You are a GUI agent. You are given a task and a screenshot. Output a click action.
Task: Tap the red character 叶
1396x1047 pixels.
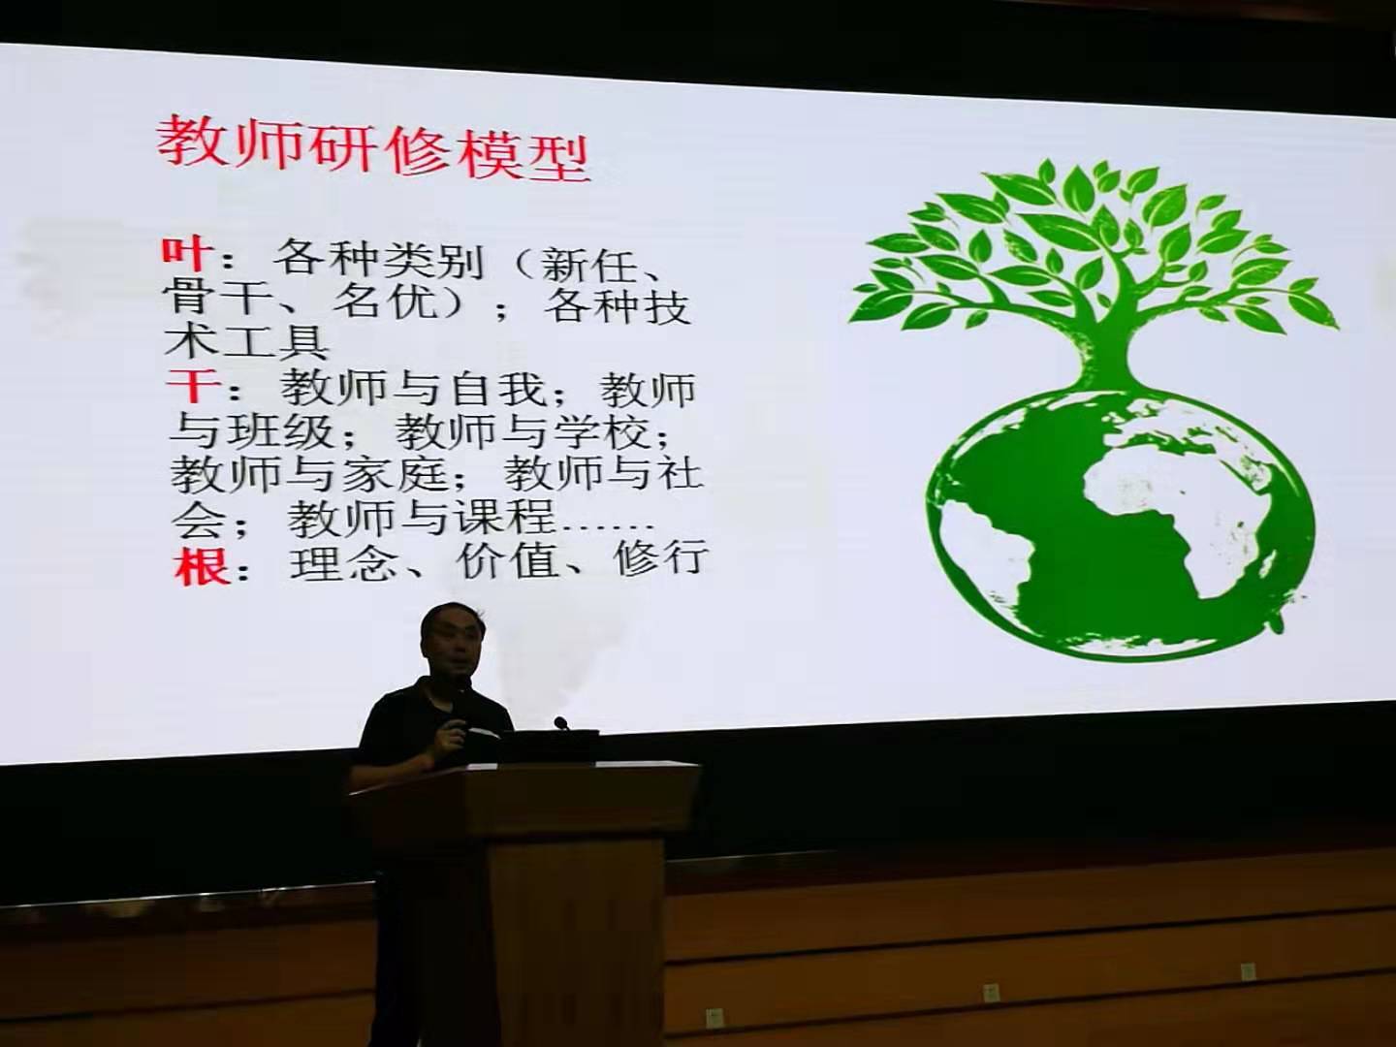point(186,255)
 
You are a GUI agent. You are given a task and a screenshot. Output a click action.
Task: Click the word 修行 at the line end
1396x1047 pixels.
point(661,558)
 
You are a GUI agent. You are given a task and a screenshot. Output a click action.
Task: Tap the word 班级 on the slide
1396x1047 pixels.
point(280,431)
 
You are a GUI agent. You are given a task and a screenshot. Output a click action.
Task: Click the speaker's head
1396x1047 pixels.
point(452,640)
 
